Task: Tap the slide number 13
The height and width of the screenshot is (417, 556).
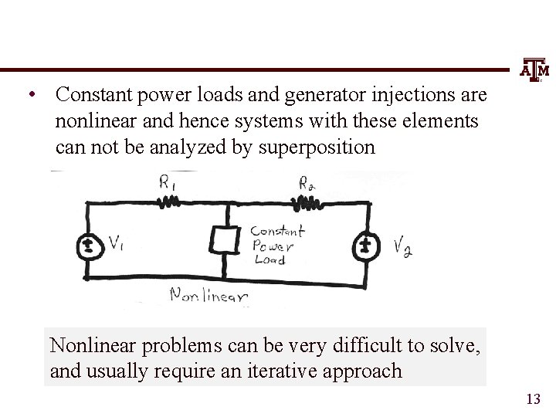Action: [533, 399]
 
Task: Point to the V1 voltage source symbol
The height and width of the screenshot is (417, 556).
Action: [88, 246]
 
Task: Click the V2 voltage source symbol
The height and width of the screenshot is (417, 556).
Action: [366, 246]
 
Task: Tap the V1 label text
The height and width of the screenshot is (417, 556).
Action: [116, 244]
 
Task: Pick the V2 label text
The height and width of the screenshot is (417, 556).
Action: [402, 248]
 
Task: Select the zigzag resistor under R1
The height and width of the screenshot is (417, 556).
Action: [168, 203]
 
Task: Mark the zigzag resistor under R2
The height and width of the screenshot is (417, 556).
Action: [307, 203]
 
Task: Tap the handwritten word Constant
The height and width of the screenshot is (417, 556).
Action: [278, 231]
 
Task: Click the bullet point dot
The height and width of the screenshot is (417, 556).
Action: [29, 97]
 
